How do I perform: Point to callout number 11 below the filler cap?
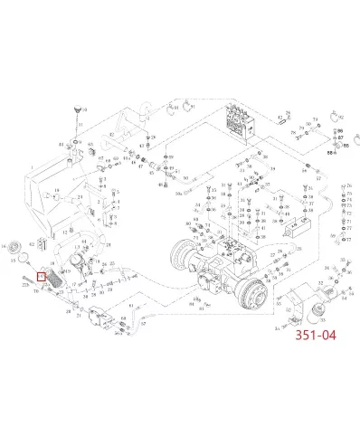[81, 125]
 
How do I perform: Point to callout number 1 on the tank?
[31, 167]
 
